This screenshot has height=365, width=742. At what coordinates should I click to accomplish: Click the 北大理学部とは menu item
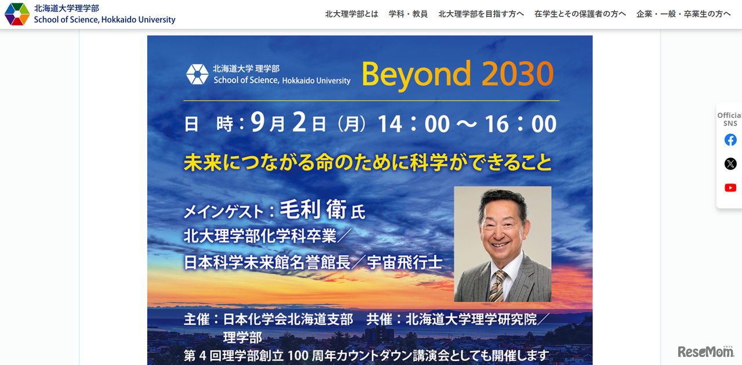[x=351, y=14]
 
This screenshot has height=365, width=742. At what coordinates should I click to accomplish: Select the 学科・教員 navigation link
[x=408, y=14]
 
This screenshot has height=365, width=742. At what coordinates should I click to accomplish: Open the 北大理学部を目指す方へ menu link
[x=481, y=14]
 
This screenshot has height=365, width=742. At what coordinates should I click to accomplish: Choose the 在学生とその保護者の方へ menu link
[x=580, y=14]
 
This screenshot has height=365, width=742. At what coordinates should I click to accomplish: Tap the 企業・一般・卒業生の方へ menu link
[x=683, y=14]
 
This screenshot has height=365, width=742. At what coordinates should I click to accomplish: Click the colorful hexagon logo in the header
[x=17, y=14]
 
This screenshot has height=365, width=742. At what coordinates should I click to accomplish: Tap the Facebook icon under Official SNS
[x=730, y=140]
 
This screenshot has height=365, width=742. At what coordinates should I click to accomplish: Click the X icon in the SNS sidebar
[x=730, y=164]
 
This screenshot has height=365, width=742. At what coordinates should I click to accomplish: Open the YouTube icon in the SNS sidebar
[x=730, y=187]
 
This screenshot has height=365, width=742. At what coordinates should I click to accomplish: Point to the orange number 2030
[x=517, y=74]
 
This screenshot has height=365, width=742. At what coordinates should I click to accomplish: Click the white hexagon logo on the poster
[x=197, y=74]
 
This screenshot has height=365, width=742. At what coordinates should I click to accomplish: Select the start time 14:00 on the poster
[x=413, y=124]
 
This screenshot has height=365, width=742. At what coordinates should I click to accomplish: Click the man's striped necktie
[x=497, y=286]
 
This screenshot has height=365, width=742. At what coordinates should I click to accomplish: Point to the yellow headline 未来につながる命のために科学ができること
[x=368, y=162]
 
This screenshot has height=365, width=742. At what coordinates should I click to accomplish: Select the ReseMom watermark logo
[x=705, y=352]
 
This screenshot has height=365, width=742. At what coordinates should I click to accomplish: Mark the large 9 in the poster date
[x=258, y=122]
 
